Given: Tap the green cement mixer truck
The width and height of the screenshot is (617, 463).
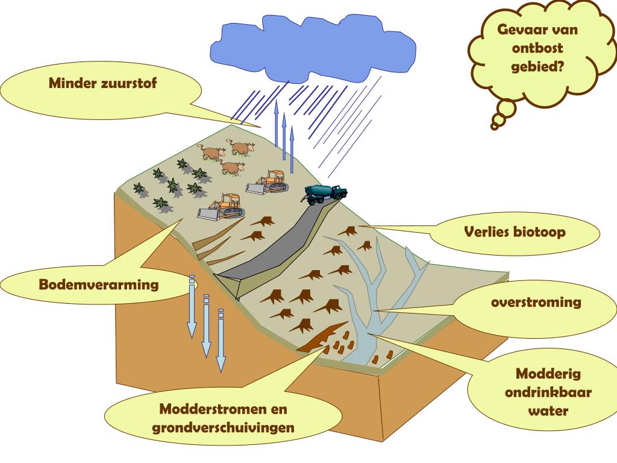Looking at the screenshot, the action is coord(326,193).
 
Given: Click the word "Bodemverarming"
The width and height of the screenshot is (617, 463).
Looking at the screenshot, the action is coord(99,284).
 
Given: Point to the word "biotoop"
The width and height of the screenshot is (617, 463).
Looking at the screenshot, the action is coord(539,231).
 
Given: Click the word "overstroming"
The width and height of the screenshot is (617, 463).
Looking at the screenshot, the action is coord(536,301).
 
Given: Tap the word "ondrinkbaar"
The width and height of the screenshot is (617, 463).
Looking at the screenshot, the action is coord(548,393).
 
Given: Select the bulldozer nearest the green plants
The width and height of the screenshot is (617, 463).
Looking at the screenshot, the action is coord(221,207).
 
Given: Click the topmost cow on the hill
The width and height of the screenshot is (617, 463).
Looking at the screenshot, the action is coord(240,147).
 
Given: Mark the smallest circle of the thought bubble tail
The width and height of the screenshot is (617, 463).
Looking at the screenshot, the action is coord(496,125).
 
